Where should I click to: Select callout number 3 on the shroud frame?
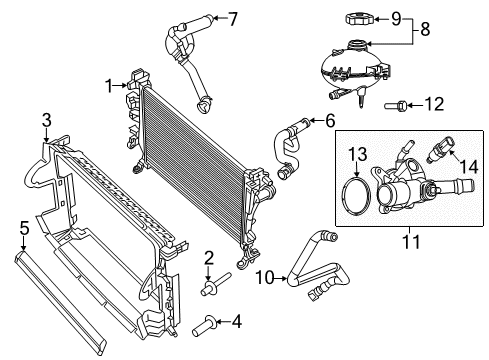(46, 121)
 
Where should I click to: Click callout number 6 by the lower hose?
(327, 121)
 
